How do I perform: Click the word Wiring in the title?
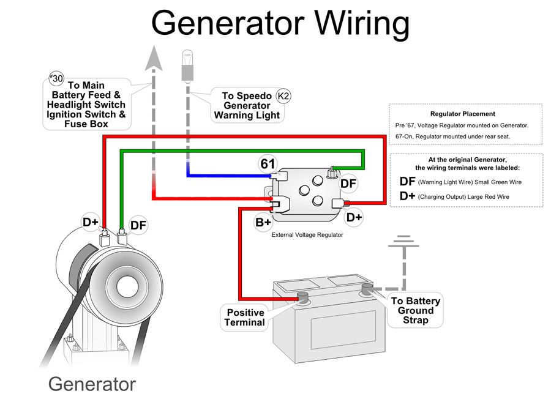pyautogui.click(x=361, y=24)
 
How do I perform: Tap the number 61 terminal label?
pyautogui.click(x=268, y=164)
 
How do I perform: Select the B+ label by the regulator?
pyautogui.click(x=263, y=222)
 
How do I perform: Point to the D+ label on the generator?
pyautogui.click(x=91, y=221)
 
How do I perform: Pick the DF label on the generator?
pyautogui.click(x=139, y=225)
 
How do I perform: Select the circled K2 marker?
pyautogui.click(x=284, y=95)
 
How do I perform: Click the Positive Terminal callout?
pyautogui.click(x=246, y=318)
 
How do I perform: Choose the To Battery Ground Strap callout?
pyautogui.click(x=416, y=310)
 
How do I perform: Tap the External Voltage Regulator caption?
pyautogui.click(x=307, y=234)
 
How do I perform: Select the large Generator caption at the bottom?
pyautogui.click(x=92, y=384)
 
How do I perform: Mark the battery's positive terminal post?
pyautogui.click(x=302, y=298)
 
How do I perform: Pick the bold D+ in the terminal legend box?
pyautogui.click(x=408, y=196)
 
